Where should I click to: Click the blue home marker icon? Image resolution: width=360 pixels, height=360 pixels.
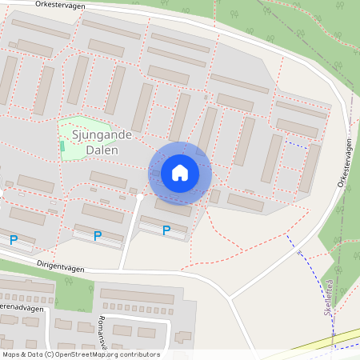coord(180,173)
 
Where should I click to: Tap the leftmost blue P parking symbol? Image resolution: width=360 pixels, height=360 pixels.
coord(13,239)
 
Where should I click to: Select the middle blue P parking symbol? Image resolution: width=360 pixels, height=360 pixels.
coord(98,236)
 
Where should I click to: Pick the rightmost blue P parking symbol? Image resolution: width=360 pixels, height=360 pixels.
coord(166,230)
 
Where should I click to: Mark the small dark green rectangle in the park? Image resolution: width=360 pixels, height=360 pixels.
coord(62,146)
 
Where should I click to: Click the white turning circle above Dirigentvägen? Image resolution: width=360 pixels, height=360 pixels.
coord(140,196)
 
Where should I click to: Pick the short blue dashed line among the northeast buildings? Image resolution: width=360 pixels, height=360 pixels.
coord(296,145)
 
